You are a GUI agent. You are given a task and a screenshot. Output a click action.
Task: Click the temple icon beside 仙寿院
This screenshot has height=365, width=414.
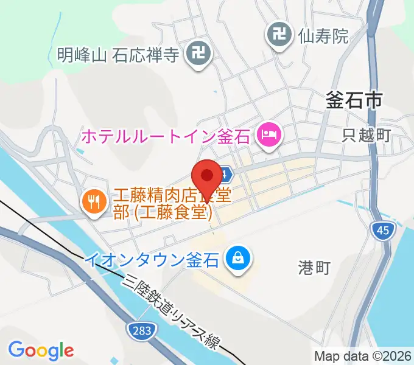pos(279,35)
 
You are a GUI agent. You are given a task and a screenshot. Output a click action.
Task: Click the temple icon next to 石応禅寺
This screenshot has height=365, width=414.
pos(198,55)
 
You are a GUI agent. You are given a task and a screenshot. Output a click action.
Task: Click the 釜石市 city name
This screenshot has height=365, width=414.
pos(353,100)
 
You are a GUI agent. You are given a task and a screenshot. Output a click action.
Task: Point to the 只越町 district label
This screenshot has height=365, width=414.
pos(365,135)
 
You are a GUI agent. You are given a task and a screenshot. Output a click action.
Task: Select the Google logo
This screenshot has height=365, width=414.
pos(41,350)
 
